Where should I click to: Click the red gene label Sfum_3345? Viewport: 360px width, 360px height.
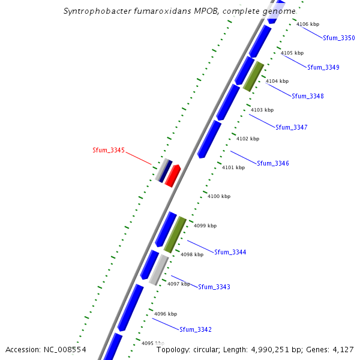point(109,150)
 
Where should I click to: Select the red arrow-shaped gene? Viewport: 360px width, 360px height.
point(173,176)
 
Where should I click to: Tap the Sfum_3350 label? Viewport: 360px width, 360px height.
point(339,38)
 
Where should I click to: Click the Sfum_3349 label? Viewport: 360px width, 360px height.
point(323,67)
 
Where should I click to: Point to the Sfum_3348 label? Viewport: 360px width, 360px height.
point(308,96)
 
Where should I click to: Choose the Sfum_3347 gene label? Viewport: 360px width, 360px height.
point(292,127)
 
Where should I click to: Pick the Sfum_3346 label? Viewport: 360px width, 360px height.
point(273,163)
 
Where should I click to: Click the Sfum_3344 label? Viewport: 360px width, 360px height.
point(230,252)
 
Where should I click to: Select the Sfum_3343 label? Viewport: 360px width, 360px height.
point(214,287)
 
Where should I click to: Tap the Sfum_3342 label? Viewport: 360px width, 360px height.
point(196,329)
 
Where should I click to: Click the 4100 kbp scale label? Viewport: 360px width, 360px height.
point(219,196)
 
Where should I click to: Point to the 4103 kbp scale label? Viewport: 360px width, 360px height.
point(262,110)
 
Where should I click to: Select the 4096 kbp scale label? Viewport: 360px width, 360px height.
point(166,314)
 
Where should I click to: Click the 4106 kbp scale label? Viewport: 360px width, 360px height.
point(308,24)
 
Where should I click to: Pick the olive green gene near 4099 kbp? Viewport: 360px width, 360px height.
point(175,234)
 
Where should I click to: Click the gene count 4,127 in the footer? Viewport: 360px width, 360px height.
point(342,349)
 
